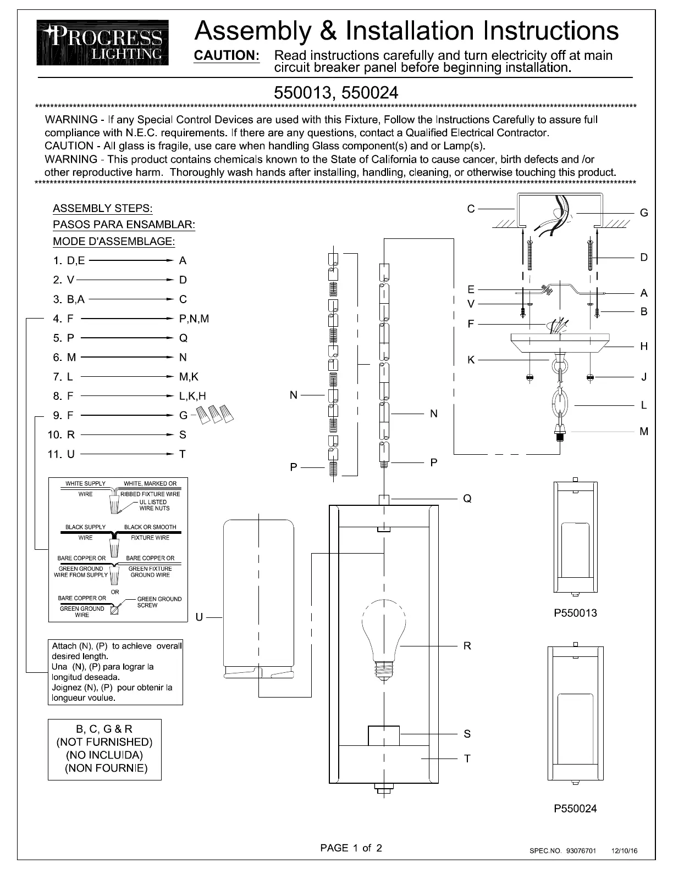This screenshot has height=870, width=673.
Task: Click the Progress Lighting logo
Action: click(x=103, y=42)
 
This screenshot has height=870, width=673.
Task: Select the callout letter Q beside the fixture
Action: click(x=467, y=499)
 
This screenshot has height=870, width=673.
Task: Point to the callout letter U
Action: click(x=199, y=617)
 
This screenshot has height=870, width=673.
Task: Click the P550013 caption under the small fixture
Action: click(x=575, y=613)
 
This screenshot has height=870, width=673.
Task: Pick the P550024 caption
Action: click(x=575, y=808)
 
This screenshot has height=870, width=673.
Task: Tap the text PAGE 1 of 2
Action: click(x=351, y=848)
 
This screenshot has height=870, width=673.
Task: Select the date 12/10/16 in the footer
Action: click(x=625, y=851)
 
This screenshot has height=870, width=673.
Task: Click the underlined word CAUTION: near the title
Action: click(x=227, y=55)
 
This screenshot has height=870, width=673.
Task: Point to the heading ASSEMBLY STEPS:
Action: click(x=103, y=209)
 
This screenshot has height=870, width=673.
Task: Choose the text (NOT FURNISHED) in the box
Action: click(x=104, y=742)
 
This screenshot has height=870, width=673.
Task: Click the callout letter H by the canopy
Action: click(x=644, y=347)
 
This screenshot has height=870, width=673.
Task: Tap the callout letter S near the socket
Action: click(x=467, y=734)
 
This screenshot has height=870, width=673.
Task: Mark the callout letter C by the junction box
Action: click(x=471, y=209)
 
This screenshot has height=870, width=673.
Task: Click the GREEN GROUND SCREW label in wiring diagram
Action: click(x=158, y=602)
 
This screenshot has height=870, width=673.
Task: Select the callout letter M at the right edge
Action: click(x=644, y=432)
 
